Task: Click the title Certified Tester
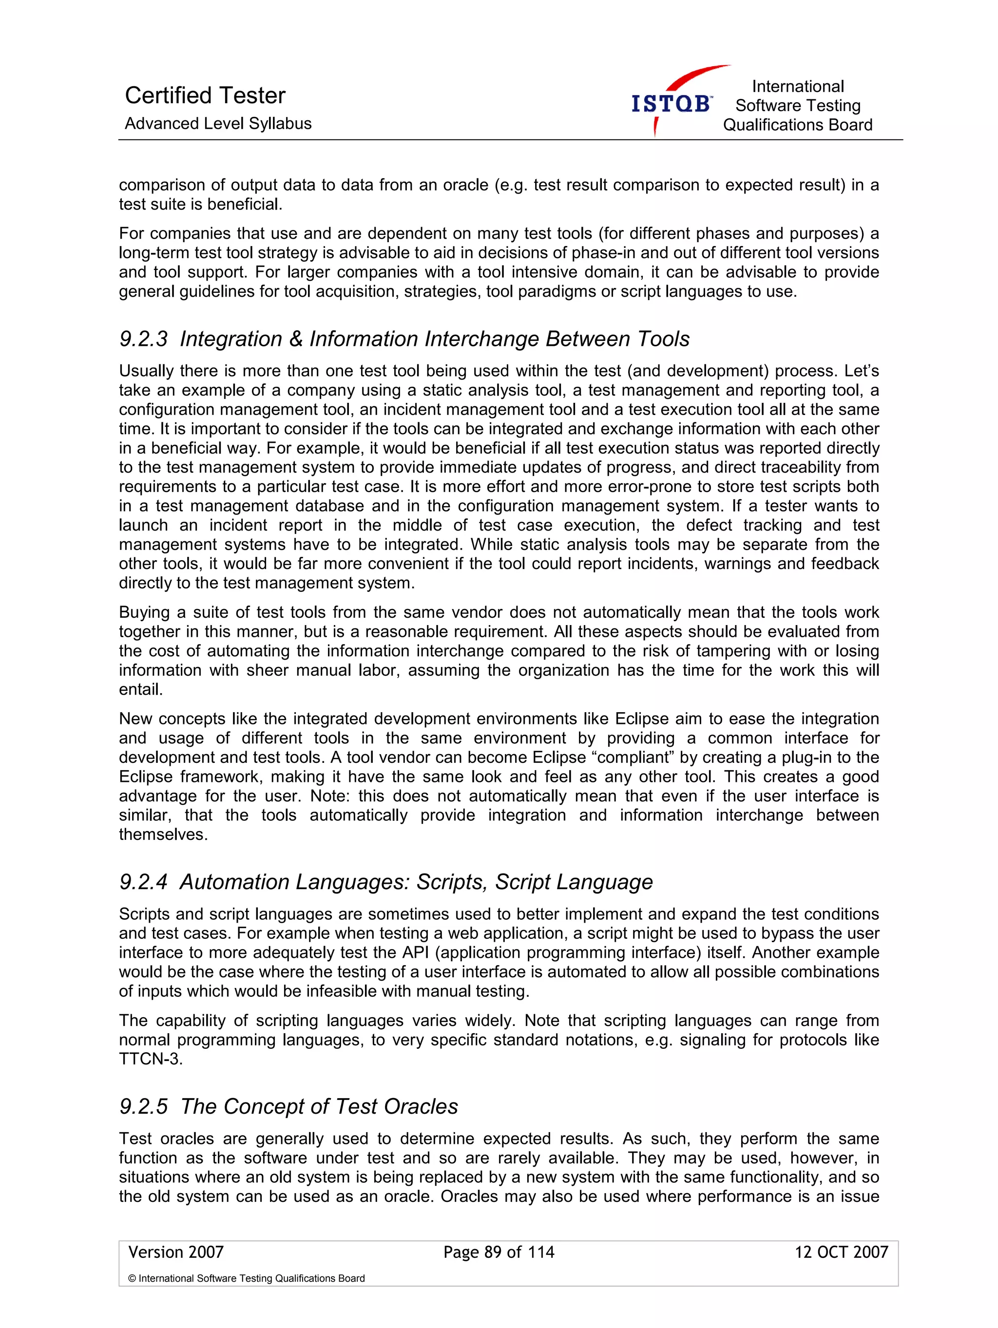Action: [x=205, y=95]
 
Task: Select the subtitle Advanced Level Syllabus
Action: [x=218, y=124]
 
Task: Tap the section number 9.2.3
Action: [x=144, y=339]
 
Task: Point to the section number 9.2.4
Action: [x=144, y=882]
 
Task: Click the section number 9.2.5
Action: [x=144, y=1106]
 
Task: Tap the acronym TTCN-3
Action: [x=150, y=1059]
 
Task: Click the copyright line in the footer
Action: [x=246, y=1279]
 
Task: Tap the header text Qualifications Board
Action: [x=797, y=125]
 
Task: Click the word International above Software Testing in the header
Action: [x=797, y=86]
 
